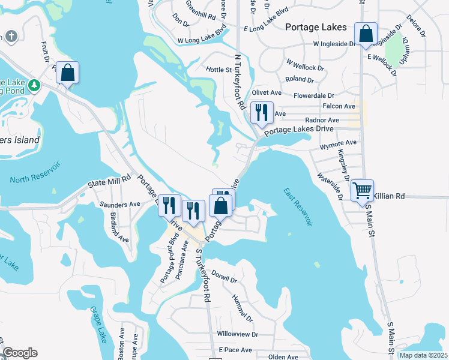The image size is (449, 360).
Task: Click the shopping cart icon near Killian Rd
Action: click(363, 191)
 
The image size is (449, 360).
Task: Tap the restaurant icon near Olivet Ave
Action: click(261, 112)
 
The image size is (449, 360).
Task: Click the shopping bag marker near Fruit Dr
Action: click(68, 73)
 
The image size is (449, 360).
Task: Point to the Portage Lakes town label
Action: click(316, 27)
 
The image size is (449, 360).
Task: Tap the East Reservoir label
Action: click(298, 207)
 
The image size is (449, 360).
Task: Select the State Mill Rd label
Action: click(109, 179)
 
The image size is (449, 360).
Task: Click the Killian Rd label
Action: click(389, 196)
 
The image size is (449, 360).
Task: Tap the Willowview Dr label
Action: click(237, 334)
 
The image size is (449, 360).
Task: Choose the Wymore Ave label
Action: click(338, 143)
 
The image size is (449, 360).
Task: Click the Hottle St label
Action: click(219, 70)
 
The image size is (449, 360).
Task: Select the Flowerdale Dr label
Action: click(313, 95)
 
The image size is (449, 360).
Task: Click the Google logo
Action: click(20, 353)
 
